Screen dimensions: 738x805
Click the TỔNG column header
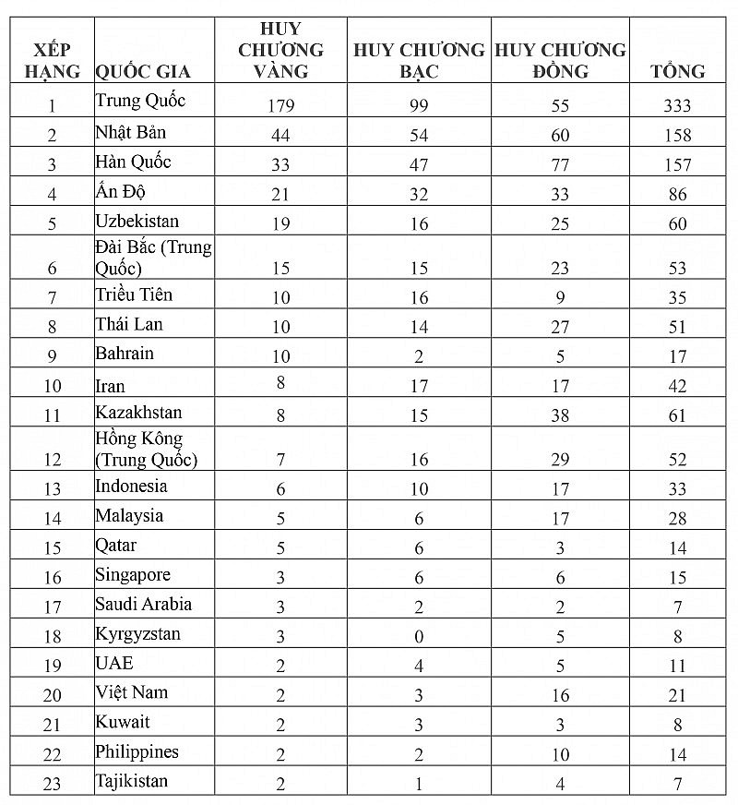pyautogui.click(x=678, y=71)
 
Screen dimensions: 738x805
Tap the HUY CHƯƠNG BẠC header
pyautogui.click(x=419, y=60)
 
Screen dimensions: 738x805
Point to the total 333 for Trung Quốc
pyautogui.click(x=677, y=105)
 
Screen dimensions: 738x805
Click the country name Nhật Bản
pyautogui.click(x=131, y=131)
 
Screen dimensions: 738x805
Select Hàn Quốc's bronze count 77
pyautogui.click(x=560, y=165)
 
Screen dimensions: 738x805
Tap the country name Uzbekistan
pyautogui.click(x=137, y=221)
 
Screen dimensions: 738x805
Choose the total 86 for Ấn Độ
pyautogui.click(x=677, y=195)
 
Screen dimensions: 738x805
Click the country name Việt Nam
pyautogui.click(x=131, y=691)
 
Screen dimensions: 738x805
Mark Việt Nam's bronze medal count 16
pyautogui.click(x=560, y=695)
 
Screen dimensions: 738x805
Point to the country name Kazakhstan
pyautogui.click(x=138, y=412)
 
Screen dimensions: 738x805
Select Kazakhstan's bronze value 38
pyautogui.click(x=560, y=415)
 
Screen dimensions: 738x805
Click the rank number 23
pyautogui.click(x=52, y=784)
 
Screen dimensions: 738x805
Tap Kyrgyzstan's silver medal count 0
pyautogui.click(x=419, y=636)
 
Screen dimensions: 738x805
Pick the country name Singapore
pyautogui.click(x=133, y=574)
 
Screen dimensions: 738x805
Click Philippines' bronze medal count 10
pyautogui.click(x=560, y=754)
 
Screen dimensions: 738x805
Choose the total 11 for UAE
pyautogui.click(x=677, y=666)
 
